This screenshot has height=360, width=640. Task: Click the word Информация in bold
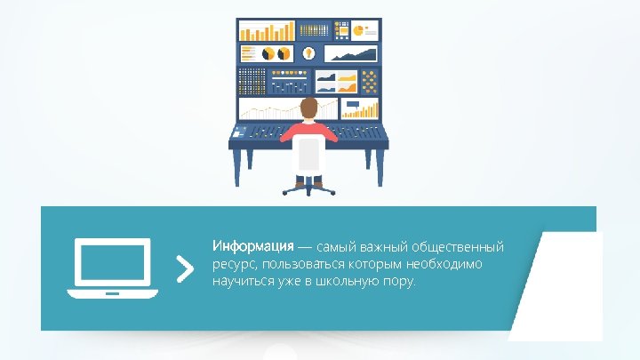[x=252, y=245]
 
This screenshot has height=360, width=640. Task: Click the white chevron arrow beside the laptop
[x=184, y=268]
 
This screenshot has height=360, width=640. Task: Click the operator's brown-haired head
[x=308, y=109]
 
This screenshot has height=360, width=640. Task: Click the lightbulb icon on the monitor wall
[x=308, y=53]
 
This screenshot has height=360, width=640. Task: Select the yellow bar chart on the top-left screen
[x=267, y=30]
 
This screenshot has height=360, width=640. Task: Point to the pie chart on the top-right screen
[x=360, y=30]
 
